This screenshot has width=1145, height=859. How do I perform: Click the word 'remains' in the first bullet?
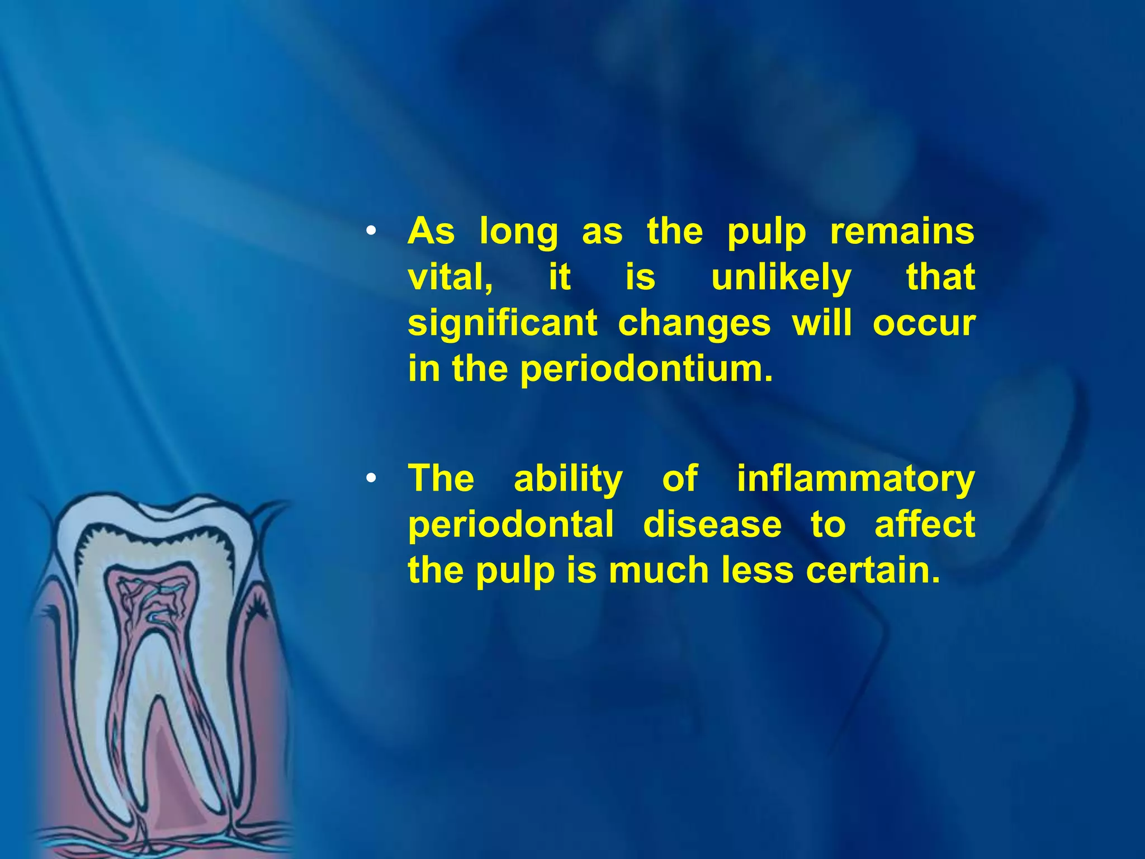point(902,232)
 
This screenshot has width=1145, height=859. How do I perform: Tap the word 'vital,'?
point(450,277)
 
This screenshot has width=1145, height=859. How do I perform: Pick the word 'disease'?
point(712,526)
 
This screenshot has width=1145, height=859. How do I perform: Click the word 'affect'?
point(925,526)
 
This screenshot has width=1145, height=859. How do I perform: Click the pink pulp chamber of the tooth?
point(152,598)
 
